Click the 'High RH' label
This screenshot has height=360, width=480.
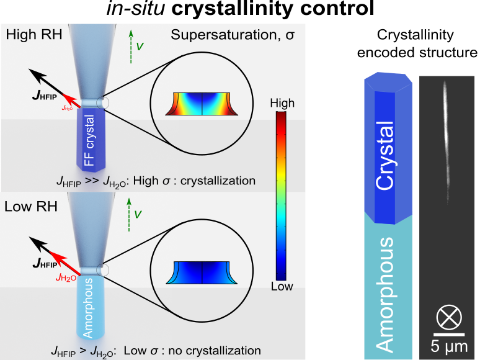(x=33, y=34)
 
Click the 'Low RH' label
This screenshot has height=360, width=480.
(x=31, y=206)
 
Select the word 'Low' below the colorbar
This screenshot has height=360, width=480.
(x=282, y=286)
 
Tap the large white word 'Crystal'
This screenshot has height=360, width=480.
(x=384, y=156)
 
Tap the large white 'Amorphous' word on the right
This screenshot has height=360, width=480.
(x=385, y=294)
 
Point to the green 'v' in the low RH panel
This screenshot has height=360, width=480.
(x=138, y=214)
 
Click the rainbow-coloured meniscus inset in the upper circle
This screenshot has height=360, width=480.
(x=202, y=104)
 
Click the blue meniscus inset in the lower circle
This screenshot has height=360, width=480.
(x=202, y=272)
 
